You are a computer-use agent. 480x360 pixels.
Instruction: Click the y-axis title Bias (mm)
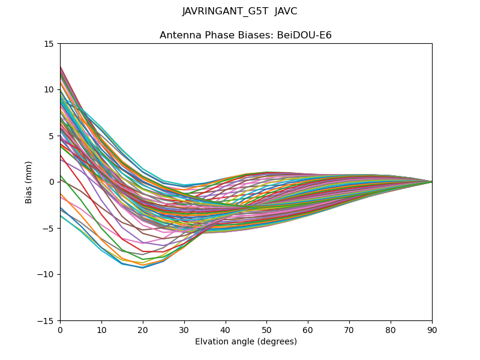pos(29,182)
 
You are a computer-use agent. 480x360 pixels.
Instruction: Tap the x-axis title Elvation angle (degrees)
pos(246,342)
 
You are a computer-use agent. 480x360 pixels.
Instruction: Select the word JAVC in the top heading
pos(286,11)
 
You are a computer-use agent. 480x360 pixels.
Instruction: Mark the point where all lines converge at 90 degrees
pos(432,182)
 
